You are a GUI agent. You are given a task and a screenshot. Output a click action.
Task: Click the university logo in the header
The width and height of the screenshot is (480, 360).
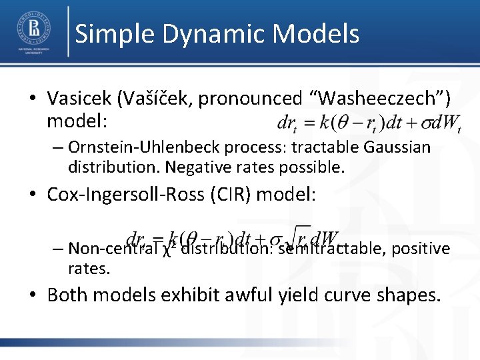[x=33, y=31]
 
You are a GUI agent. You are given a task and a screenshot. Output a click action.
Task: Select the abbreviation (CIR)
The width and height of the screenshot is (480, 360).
[x=225, y=195]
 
